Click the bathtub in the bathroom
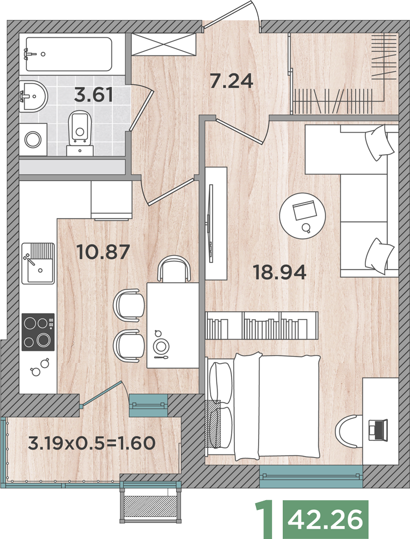69,54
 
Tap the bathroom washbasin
33,96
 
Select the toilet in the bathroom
80,133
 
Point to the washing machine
33,140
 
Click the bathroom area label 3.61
94,95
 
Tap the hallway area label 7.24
231,81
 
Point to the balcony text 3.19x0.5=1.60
92,443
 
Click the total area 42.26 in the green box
325,519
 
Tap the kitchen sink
38,264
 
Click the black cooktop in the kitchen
38,331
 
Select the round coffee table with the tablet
302,215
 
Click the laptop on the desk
377,430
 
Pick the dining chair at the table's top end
174,268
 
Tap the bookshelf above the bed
261,326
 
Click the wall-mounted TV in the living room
211,224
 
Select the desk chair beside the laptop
349,431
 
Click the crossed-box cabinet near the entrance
164,44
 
